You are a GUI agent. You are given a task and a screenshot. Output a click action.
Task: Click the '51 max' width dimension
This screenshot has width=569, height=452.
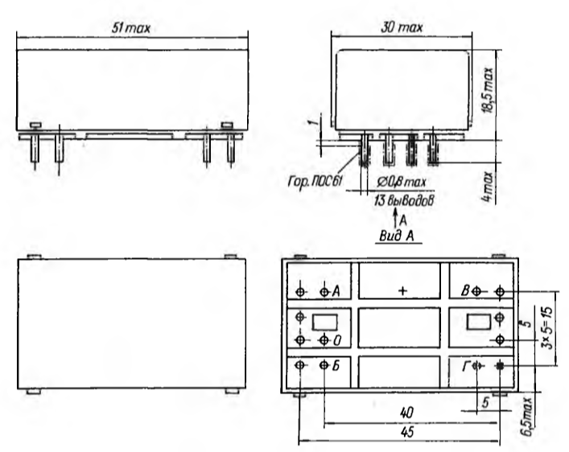click(130, 28)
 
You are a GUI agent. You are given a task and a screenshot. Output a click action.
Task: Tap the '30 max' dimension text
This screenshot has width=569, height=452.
click(402, 27)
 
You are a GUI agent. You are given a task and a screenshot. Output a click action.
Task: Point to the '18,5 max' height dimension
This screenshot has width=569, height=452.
click(489, 90)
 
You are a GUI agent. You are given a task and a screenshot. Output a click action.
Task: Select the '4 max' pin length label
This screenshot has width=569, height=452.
click(488, 187)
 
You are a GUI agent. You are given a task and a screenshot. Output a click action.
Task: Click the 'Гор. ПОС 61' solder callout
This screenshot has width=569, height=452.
click(315, 181)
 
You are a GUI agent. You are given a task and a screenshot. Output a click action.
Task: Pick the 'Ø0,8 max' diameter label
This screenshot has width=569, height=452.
click(401, 182)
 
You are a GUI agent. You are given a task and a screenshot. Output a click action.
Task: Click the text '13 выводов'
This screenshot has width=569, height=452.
click(403, 200)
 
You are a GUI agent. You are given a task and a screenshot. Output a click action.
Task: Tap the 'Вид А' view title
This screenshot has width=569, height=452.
click(397, 236)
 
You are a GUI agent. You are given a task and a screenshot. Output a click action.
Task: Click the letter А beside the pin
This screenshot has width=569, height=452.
click(336, 291)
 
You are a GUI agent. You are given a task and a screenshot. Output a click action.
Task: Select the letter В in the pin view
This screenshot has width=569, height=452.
click(465, 290)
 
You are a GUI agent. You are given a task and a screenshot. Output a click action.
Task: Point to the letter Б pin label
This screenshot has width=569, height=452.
click(336, 366)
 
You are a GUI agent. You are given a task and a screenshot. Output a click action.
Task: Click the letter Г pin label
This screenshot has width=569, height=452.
click(466, 367)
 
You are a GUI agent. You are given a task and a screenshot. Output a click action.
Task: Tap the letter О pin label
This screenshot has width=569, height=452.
click(337, 341)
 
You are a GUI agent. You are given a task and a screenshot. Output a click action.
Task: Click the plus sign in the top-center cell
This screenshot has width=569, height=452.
click(402, 290)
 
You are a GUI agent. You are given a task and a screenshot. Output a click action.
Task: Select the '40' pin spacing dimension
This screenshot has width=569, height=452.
click(406, 413)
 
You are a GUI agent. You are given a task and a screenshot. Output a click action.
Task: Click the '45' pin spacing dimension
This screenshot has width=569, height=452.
click(407, 432)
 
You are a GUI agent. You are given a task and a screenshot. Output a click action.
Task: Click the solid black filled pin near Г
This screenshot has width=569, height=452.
click(500, 366)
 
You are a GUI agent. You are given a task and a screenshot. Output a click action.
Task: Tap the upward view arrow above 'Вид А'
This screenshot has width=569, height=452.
click(395, 219)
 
